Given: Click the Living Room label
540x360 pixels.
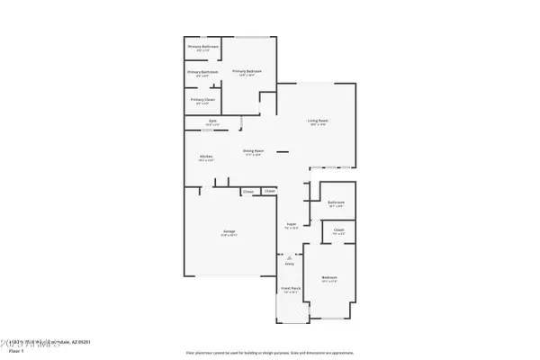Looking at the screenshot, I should tap(318, 121).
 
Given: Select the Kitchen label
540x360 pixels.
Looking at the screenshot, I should tap(205, 157).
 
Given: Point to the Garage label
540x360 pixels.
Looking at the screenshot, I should tap(229, 232).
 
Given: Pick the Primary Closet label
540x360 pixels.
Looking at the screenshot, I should tap(202, 100).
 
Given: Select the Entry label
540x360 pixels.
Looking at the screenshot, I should tap(290, 264).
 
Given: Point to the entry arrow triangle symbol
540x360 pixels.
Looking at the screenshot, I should tap(290, 256).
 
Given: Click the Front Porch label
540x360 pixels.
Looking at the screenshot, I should tap(291, 291).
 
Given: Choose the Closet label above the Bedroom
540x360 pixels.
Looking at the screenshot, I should tap(339, 230).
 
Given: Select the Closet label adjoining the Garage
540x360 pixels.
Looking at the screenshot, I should tap(247, 192).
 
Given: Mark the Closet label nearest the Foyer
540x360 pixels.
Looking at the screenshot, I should tap(269, 192).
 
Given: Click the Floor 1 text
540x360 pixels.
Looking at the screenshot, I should tap(16, 351).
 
